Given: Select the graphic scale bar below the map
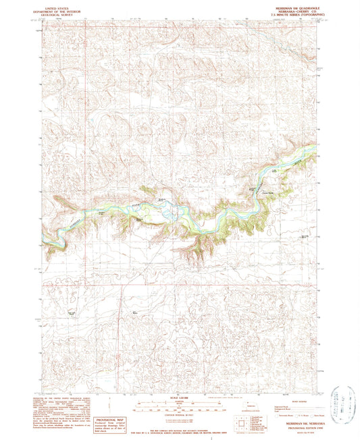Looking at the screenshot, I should (x=179, y=405).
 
